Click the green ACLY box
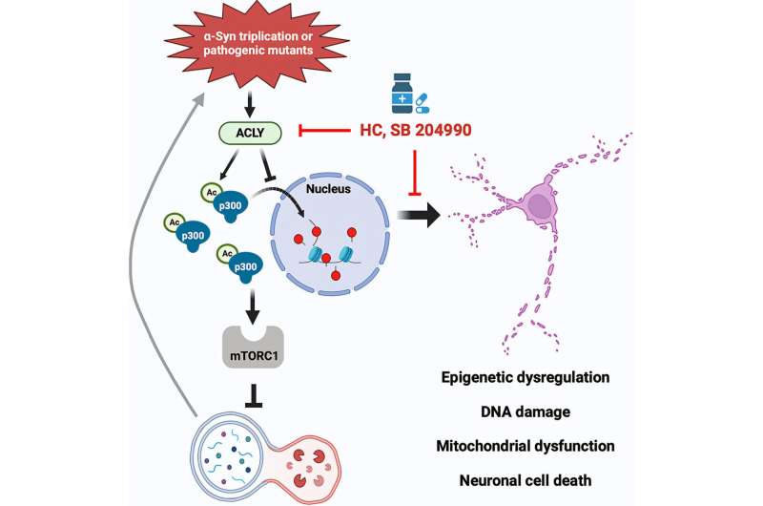pos(250,133)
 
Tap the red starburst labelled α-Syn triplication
pos(258,43)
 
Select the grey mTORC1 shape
pos(253,347)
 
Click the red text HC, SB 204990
pos(416,130)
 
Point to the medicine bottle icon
pos(402,93)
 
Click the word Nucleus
pos(328,188)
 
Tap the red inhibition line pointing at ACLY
pos(324,130)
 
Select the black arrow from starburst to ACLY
pos(249,104)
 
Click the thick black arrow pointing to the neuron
pos(419,215)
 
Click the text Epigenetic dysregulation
pos(526,377)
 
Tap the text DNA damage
pos(526,412)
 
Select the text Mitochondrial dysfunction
pos(526,446)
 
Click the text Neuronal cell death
pos(526,480)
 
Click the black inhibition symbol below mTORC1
pos(254,395)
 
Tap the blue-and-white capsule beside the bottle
pos(421,103)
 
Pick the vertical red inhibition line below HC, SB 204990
pos(415,173)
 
